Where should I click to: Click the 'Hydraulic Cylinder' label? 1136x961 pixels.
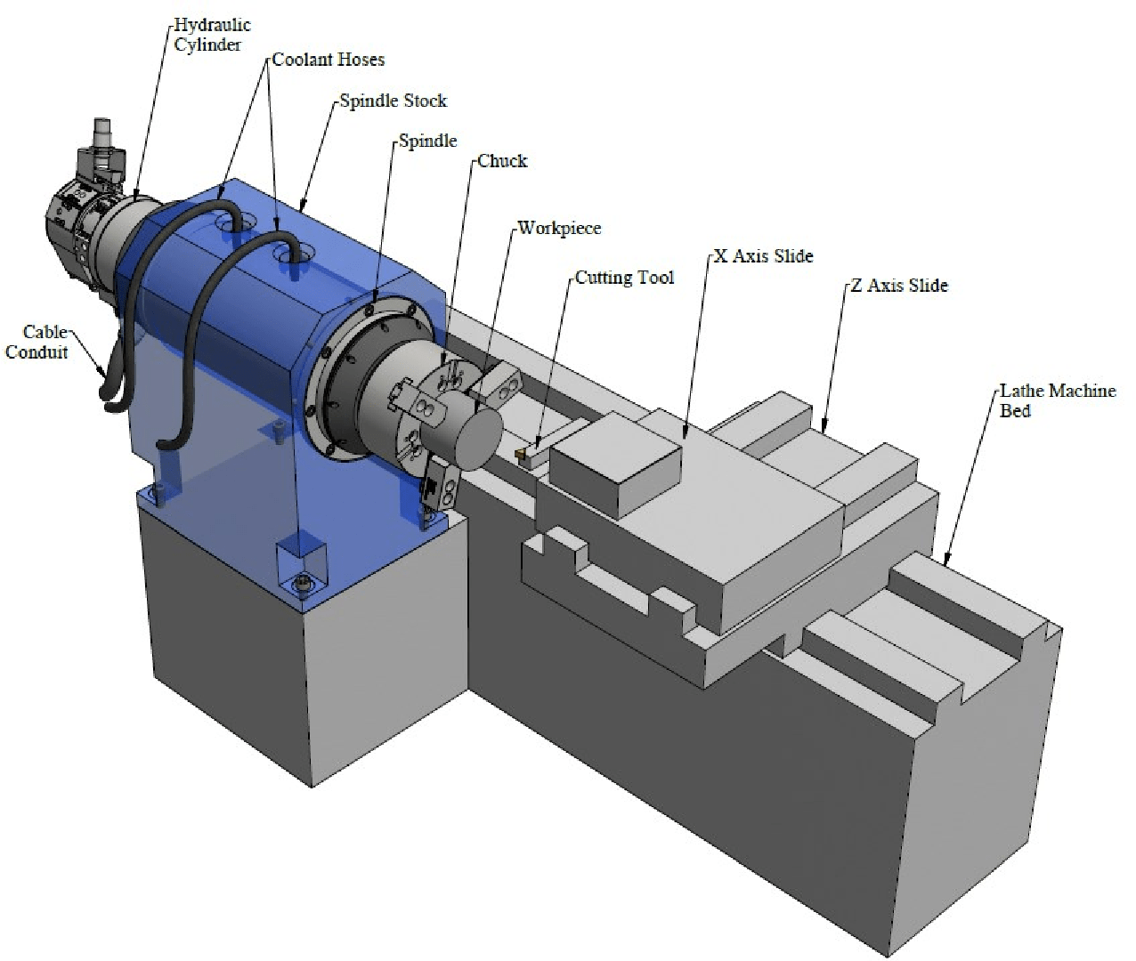pyautogui.click(x=212, y=34)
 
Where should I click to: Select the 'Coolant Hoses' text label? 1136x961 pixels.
pyautogui.click(x=329, y=60)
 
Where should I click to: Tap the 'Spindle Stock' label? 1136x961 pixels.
pyautogui.click(x=393, y=101)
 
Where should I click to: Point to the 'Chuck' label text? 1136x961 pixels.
pyautogui.click(x=502, y=161)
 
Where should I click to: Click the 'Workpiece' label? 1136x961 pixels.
pyautogui.click(x=559, y=228)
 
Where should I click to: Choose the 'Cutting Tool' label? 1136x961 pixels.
pyautogui.click(x=624, y=278)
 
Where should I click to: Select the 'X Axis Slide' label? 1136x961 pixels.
pyautogui.click(x=763, y=256)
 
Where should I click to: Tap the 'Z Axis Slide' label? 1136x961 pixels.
pyautogui.click(x=899, y=285)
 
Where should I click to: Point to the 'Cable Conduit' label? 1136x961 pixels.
pyautogui.click(x=37, y=342)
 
